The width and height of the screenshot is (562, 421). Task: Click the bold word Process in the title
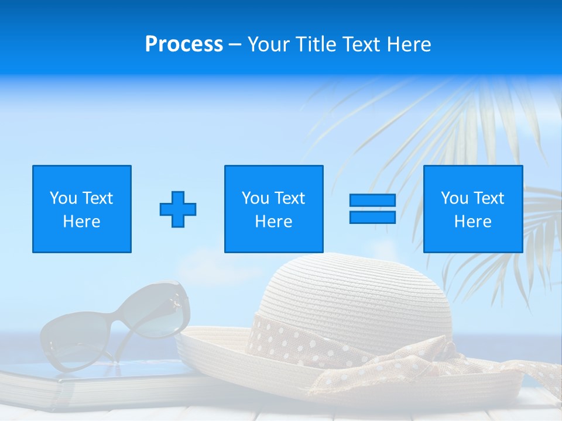pyautogui.click(x=184, y=44)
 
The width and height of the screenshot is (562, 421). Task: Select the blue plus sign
pyautogui.click(x=178, y=209)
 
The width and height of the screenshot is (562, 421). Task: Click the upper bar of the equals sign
pyautogui.click(x=372, y=201)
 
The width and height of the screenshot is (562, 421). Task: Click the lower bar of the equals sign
pyautogui.click(x=372, y=217)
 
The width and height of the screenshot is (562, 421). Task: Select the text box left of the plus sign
pyautogui.click(x=82, y=209)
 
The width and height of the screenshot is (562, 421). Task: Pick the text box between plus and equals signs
pyautogui.click(x=273, y=209)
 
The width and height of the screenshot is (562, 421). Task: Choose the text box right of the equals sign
pyautogui.click(x=473, y=209)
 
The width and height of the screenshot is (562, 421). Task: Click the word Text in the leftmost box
pyautogui.click(x=97, y=198)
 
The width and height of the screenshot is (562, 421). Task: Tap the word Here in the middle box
pyautogui.click(x=273, y=222)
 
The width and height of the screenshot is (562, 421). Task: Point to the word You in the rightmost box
pyautogui.click(x=454, y=198)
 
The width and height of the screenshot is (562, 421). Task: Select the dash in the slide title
pyautogui.click(x=235, y=44)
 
